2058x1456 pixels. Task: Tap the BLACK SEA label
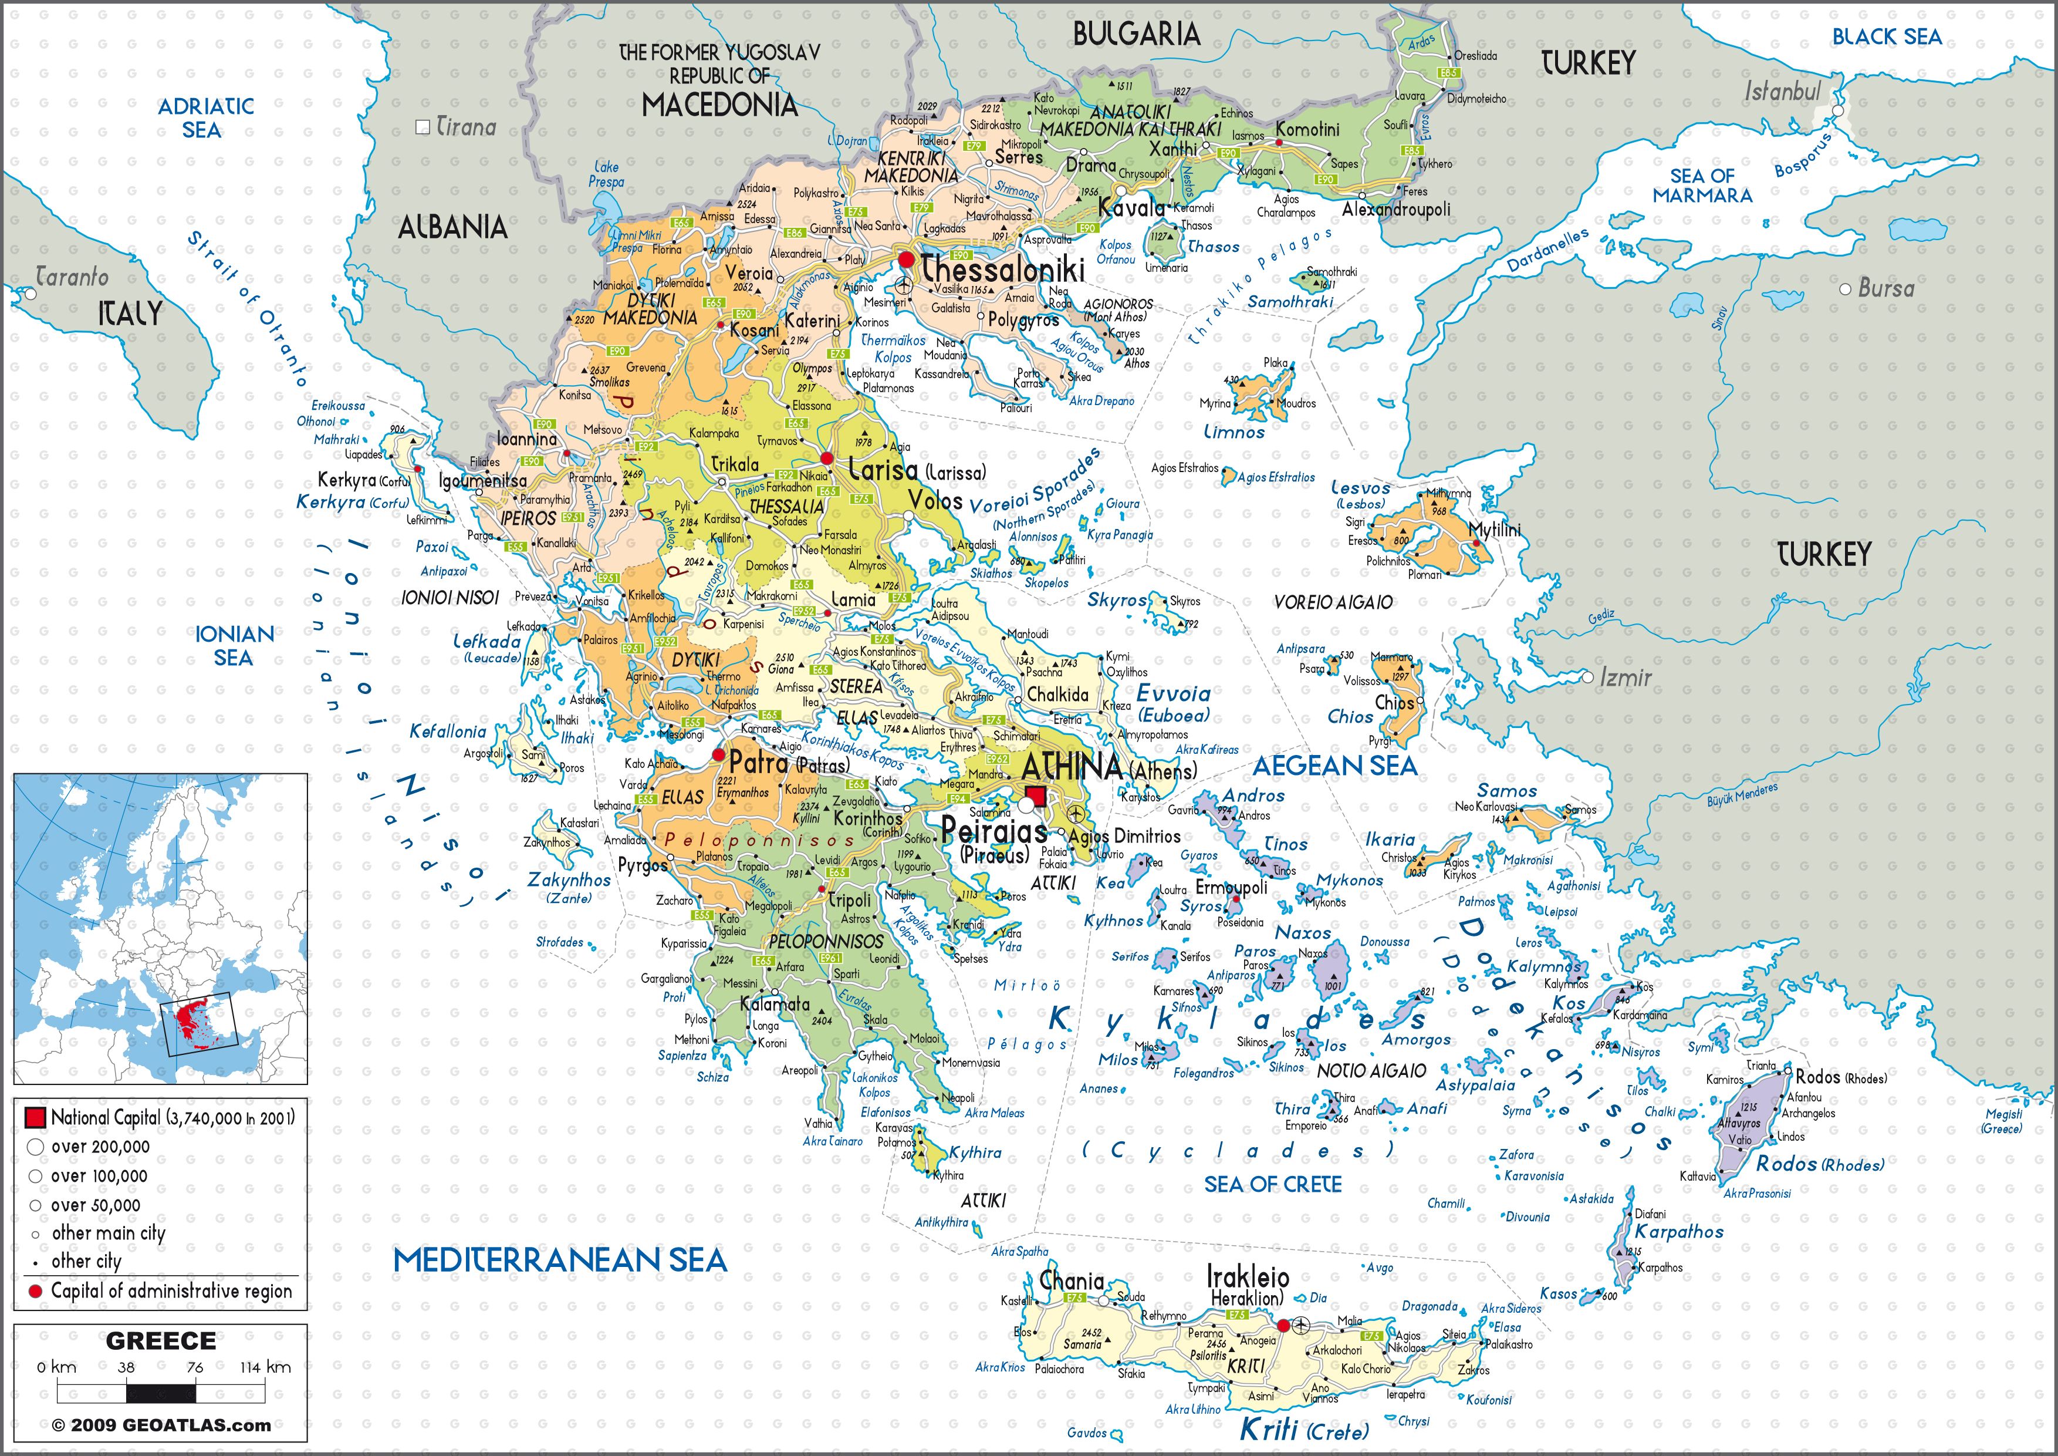coord(1886,37)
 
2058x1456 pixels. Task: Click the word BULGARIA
coord(1136,34)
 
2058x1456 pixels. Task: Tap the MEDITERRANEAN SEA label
coord(559,1260)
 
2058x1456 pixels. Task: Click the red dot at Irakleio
coord(1283,1325)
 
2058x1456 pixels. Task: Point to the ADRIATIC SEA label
coord(205,117)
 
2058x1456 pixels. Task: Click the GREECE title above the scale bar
coord(160,1342)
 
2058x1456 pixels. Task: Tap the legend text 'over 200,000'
coord(100,1147)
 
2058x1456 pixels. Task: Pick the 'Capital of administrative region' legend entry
coord(170,1291)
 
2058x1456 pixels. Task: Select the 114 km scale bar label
coord(265,1367)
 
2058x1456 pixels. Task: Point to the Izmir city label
coord(1624,678)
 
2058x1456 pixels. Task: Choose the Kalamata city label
coord(775,1004)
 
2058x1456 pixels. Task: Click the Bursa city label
coord(1886,289)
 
